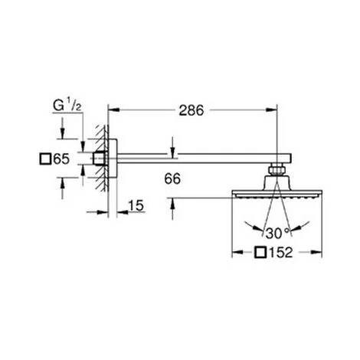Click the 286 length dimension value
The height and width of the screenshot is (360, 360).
point(191,110)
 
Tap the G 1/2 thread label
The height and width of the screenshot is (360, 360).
point(67,106)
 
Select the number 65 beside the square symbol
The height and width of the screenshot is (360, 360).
point(61,159)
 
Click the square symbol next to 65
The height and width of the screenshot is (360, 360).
point(45,159)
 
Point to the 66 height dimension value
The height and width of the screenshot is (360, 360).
point(172,178)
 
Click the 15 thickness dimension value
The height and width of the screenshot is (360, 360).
point(136,205)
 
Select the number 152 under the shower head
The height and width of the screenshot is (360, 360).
point(280,253)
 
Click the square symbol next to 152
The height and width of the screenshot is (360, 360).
point(260,253)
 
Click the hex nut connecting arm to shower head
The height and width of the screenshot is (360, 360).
point(277,170)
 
